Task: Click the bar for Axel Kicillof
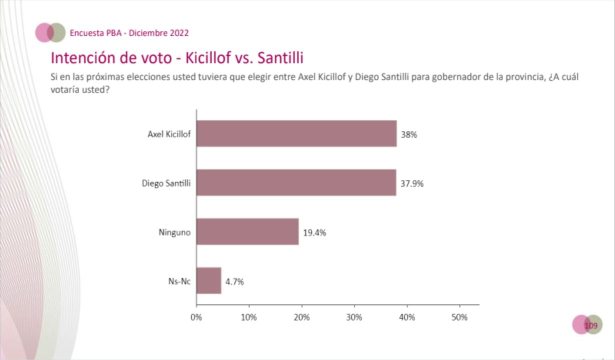(296, 133)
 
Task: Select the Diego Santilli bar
(296, 182)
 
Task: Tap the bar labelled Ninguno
(247, 231)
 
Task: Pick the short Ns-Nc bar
(209, 280)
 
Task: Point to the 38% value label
(408, 134)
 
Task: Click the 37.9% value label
(412, 183)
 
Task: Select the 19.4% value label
(314, 232)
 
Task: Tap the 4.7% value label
(234, 281)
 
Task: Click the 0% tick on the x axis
(196, 317)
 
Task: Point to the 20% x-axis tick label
(301, 317)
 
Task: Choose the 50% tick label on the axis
(459, 317)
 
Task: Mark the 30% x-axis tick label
(354, 317)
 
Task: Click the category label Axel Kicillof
(169, 134)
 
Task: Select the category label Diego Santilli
(166, 183)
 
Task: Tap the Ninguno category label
(174, 232)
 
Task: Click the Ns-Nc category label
(179, 281)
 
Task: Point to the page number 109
(591, 326)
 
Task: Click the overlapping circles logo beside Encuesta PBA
(50, 32)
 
